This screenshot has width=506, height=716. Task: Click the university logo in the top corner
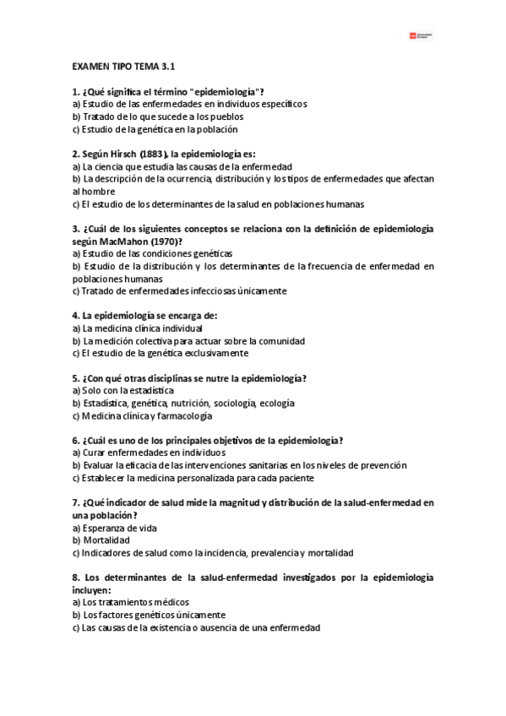coord(423,35)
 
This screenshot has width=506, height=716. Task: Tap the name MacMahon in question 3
coord(113,241)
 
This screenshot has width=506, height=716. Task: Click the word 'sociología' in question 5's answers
coord(237,404)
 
